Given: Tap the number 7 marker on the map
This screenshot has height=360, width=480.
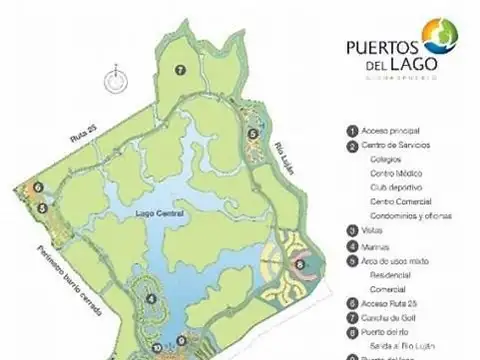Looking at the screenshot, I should [x=180, y=69].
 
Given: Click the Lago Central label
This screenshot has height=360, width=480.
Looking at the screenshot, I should [x=160, y=212].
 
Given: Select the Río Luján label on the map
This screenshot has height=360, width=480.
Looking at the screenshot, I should [x=287, y=157].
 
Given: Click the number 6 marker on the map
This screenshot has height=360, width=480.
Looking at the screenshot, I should [x=36, y=186].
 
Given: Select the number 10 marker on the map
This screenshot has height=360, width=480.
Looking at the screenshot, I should [x=157, y=347].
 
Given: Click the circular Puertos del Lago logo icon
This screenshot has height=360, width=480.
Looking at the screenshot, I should [x=441, y=36].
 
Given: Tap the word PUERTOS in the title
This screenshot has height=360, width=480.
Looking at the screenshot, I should [x=381, y=46].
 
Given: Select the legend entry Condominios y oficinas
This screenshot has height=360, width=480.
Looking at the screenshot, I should [x=411, y=215].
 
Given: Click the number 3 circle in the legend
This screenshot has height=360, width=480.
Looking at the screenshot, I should [x=352, y=230].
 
